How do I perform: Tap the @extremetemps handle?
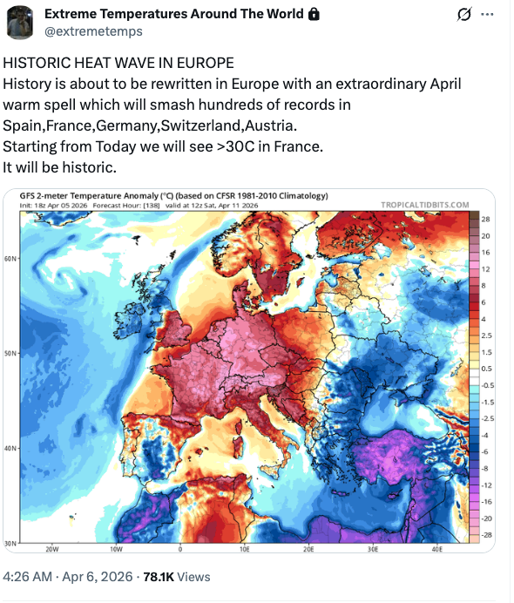click(93, 31)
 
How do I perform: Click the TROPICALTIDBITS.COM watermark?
click(425, 205)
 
